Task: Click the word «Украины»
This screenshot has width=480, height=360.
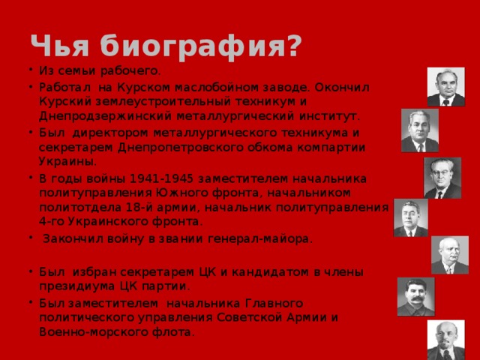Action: [x=67, y=161]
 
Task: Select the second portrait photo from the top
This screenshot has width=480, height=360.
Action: [x=419, y=130]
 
